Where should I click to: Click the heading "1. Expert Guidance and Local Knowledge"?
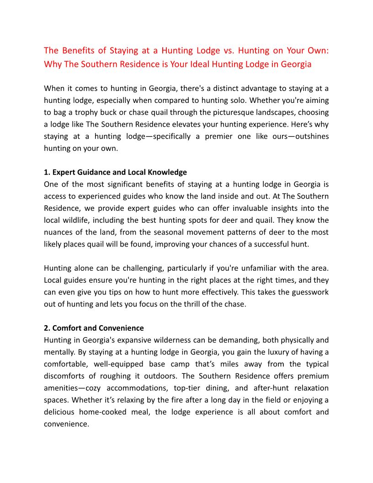tap(115, 172)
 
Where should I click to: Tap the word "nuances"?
tap(59, 220)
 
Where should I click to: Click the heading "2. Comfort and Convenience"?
tap(94, 328)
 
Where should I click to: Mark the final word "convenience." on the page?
tap(66, 424)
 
